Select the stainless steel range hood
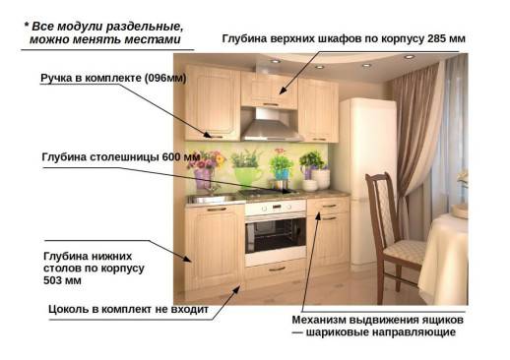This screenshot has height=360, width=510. tap(273, 126)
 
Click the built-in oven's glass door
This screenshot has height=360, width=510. tap(275, 234)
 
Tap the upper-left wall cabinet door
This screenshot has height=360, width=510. tap(213, 101)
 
